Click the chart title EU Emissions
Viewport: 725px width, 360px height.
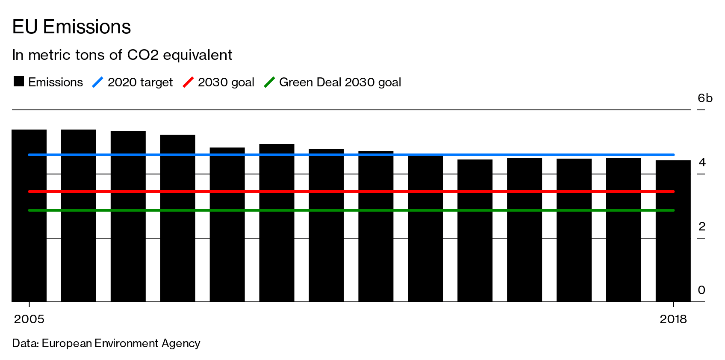71,27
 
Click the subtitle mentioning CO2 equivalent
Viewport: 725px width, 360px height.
122,55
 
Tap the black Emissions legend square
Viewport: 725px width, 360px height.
18,82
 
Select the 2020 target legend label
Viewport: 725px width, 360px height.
140,82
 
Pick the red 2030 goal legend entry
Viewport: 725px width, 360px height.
225,82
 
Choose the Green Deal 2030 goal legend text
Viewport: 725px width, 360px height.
340,82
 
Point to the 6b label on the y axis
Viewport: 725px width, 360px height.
704,98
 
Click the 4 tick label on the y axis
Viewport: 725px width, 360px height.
702,162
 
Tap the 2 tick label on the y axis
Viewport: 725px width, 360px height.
702,227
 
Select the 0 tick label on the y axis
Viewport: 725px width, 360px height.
701,290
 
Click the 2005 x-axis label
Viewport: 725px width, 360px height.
29,319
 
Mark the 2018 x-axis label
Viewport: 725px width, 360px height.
673,319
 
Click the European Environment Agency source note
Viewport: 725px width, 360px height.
106,343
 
